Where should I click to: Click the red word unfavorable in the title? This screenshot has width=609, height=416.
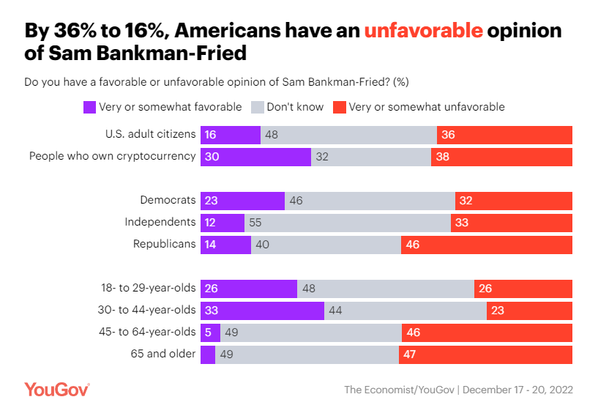(x=424, y=31)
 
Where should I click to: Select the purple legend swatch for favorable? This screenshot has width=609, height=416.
(x=89, y=107)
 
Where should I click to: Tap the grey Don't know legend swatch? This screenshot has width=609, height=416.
(x=258, y=107)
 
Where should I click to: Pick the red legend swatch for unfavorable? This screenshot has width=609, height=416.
(x=340, y=107)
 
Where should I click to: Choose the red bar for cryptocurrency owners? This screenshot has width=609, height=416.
(x=501, y=156)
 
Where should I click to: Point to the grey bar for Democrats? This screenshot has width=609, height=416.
(x=370, y=201)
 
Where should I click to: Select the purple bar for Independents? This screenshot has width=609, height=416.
(x=223, y=223)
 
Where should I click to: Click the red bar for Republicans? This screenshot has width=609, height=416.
(x=487, y=245)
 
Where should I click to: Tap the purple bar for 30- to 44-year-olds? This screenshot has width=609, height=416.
(x=262, y=311)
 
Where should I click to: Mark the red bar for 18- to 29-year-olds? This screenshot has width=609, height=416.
(x=523, y=289)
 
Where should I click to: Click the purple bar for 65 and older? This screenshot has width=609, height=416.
(x=208, y=354)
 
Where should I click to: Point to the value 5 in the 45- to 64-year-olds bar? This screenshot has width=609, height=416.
(x=209, y=333)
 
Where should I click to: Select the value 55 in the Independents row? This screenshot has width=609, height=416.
(x=256, y=223)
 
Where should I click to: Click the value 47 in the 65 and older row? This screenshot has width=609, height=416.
(x=411, y=354)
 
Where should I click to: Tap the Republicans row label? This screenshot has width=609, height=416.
(x=164, y=244)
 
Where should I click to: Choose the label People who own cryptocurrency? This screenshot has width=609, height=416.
(x=112, y=156)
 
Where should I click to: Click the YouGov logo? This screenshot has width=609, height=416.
(x=57, y=389)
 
